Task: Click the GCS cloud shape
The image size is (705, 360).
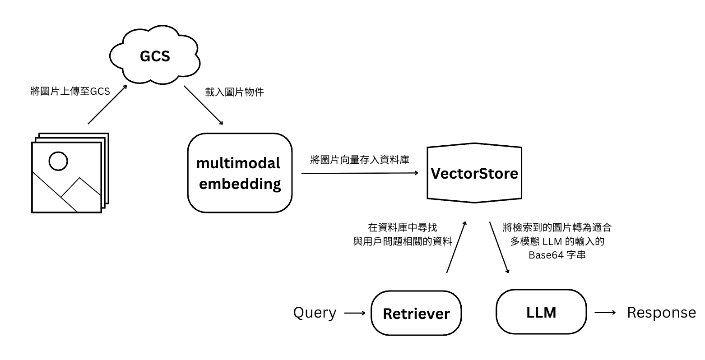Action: coord(155,56)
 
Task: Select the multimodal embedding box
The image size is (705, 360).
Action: coord(240,173)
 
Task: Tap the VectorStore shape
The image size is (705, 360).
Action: coord(474,173)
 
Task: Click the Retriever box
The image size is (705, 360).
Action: coord(416,313)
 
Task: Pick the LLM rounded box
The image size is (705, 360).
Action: coord(541,312)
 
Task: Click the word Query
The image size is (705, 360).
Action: coord(315,313)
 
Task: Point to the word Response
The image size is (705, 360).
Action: coord(661,312)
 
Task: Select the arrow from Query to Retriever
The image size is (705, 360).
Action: coord(355,313)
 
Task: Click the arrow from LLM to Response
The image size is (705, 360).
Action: coord(605,313)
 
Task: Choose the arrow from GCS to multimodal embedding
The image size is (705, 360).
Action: coord(204,105)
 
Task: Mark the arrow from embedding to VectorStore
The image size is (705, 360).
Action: coord(359,173)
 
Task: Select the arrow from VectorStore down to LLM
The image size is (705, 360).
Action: coord(500,248)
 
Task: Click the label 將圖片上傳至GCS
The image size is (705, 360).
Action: coord(70,92)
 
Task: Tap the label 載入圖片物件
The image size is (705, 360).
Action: coord(235,92)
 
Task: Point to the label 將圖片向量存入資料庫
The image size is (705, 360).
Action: coord(360,159)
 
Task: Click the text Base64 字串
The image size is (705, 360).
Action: coord(557,255)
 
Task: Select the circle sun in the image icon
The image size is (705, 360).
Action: coord(58,161)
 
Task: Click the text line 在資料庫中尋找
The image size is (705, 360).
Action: coord(403,228)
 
